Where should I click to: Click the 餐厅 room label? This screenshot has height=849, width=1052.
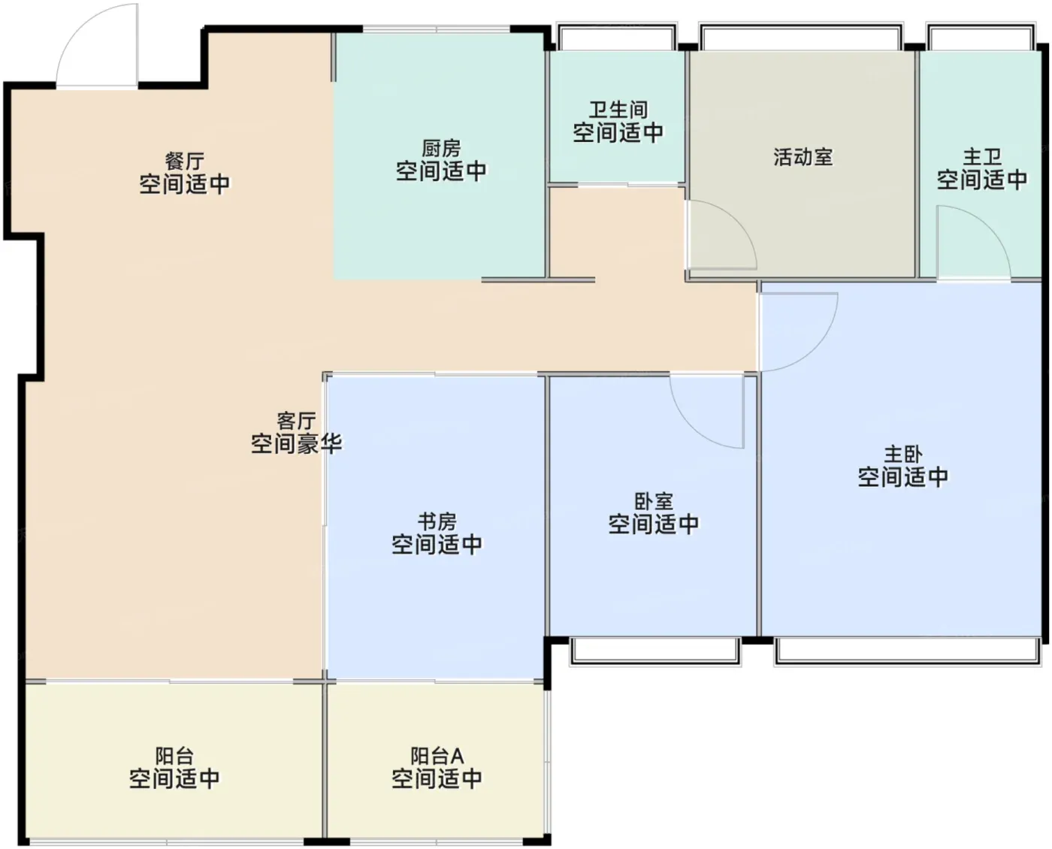click(185, 161)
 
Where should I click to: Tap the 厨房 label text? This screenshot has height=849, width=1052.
click(441, 148)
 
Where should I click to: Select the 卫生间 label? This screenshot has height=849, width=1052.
click(618, 110)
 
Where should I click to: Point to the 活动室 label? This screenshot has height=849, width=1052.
click(803, 157)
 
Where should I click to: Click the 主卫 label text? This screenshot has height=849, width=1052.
click(982, 157)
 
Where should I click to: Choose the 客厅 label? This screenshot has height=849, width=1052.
click(296, 421)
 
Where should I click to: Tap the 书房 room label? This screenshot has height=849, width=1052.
click(437, 521)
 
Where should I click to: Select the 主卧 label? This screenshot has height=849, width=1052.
click(903, 454)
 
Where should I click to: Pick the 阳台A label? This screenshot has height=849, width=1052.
click(437, 756)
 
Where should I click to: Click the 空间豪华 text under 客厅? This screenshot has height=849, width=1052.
click(296, 443)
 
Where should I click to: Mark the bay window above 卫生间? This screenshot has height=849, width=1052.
click(617, 37)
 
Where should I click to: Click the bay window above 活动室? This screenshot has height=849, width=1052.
click(802, 37)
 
